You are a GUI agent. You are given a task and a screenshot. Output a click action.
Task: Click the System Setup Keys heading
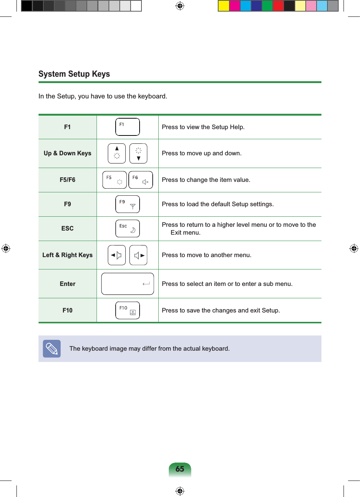tap(74, 74)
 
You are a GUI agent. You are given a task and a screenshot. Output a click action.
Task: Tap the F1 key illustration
tap(127, 127)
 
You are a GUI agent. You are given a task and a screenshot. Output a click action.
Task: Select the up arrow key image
tap(117, 153)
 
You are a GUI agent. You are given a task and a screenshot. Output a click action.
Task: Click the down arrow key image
tap(138, 153)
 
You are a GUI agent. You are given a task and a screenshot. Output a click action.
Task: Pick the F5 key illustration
tap(115, 180)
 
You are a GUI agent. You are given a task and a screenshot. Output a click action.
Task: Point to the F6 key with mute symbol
tap(141, 180)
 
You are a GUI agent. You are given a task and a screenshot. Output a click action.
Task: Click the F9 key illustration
tap(127, 204)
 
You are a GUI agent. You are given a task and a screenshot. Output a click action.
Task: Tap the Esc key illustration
tap(127, 229)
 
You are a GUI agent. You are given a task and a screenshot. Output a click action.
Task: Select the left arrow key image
tap(117, 255)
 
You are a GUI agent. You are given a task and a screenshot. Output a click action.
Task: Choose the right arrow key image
tap(138, 255)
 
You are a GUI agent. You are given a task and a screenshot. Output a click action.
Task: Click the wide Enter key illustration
tap(127, 284)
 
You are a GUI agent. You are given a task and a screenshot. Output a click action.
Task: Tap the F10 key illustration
tap(127, 311)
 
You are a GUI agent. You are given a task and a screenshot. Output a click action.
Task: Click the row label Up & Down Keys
tap(67, 153)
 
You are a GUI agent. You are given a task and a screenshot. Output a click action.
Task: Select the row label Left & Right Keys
tap(67, 255)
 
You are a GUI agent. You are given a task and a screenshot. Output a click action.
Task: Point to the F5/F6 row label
tap(67, 180)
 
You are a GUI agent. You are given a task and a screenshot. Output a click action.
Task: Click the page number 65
tap(180, 469)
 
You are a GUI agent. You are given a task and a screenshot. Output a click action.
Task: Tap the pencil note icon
tap(52, 349)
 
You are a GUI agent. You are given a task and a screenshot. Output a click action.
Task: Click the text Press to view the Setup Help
tap(203, 127)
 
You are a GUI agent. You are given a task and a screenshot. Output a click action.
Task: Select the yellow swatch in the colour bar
tap(224, 6)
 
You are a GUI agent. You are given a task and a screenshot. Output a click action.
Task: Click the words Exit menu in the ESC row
tap(185, 233)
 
